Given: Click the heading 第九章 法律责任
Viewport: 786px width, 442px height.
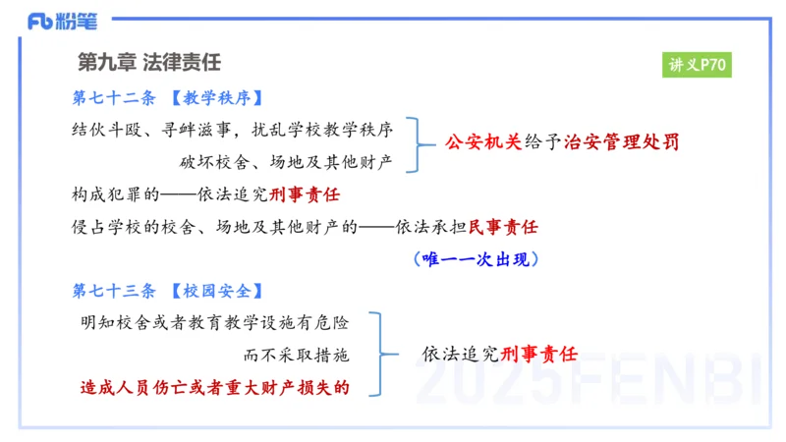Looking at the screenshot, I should pyautogui.click(x=149, y=62).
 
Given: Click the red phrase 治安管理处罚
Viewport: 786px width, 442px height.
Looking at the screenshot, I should pyautogui.click(x=621, y=142).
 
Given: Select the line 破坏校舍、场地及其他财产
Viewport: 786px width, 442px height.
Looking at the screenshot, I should pyautogui.click(x=286, y=160).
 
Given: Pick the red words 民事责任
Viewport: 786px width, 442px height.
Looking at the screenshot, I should pyautogui.click(x=503, y=227).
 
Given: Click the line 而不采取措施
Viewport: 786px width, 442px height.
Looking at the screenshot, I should pyautogui.click(x=295, y=354).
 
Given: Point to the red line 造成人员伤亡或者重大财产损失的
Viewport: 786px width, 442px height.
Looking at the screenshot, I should pyautogui.click(x=214, y=386).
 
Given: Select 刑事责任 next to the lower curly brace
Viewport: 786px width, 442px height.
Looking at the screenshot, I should pyautogui.click(x=538, y=354).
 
